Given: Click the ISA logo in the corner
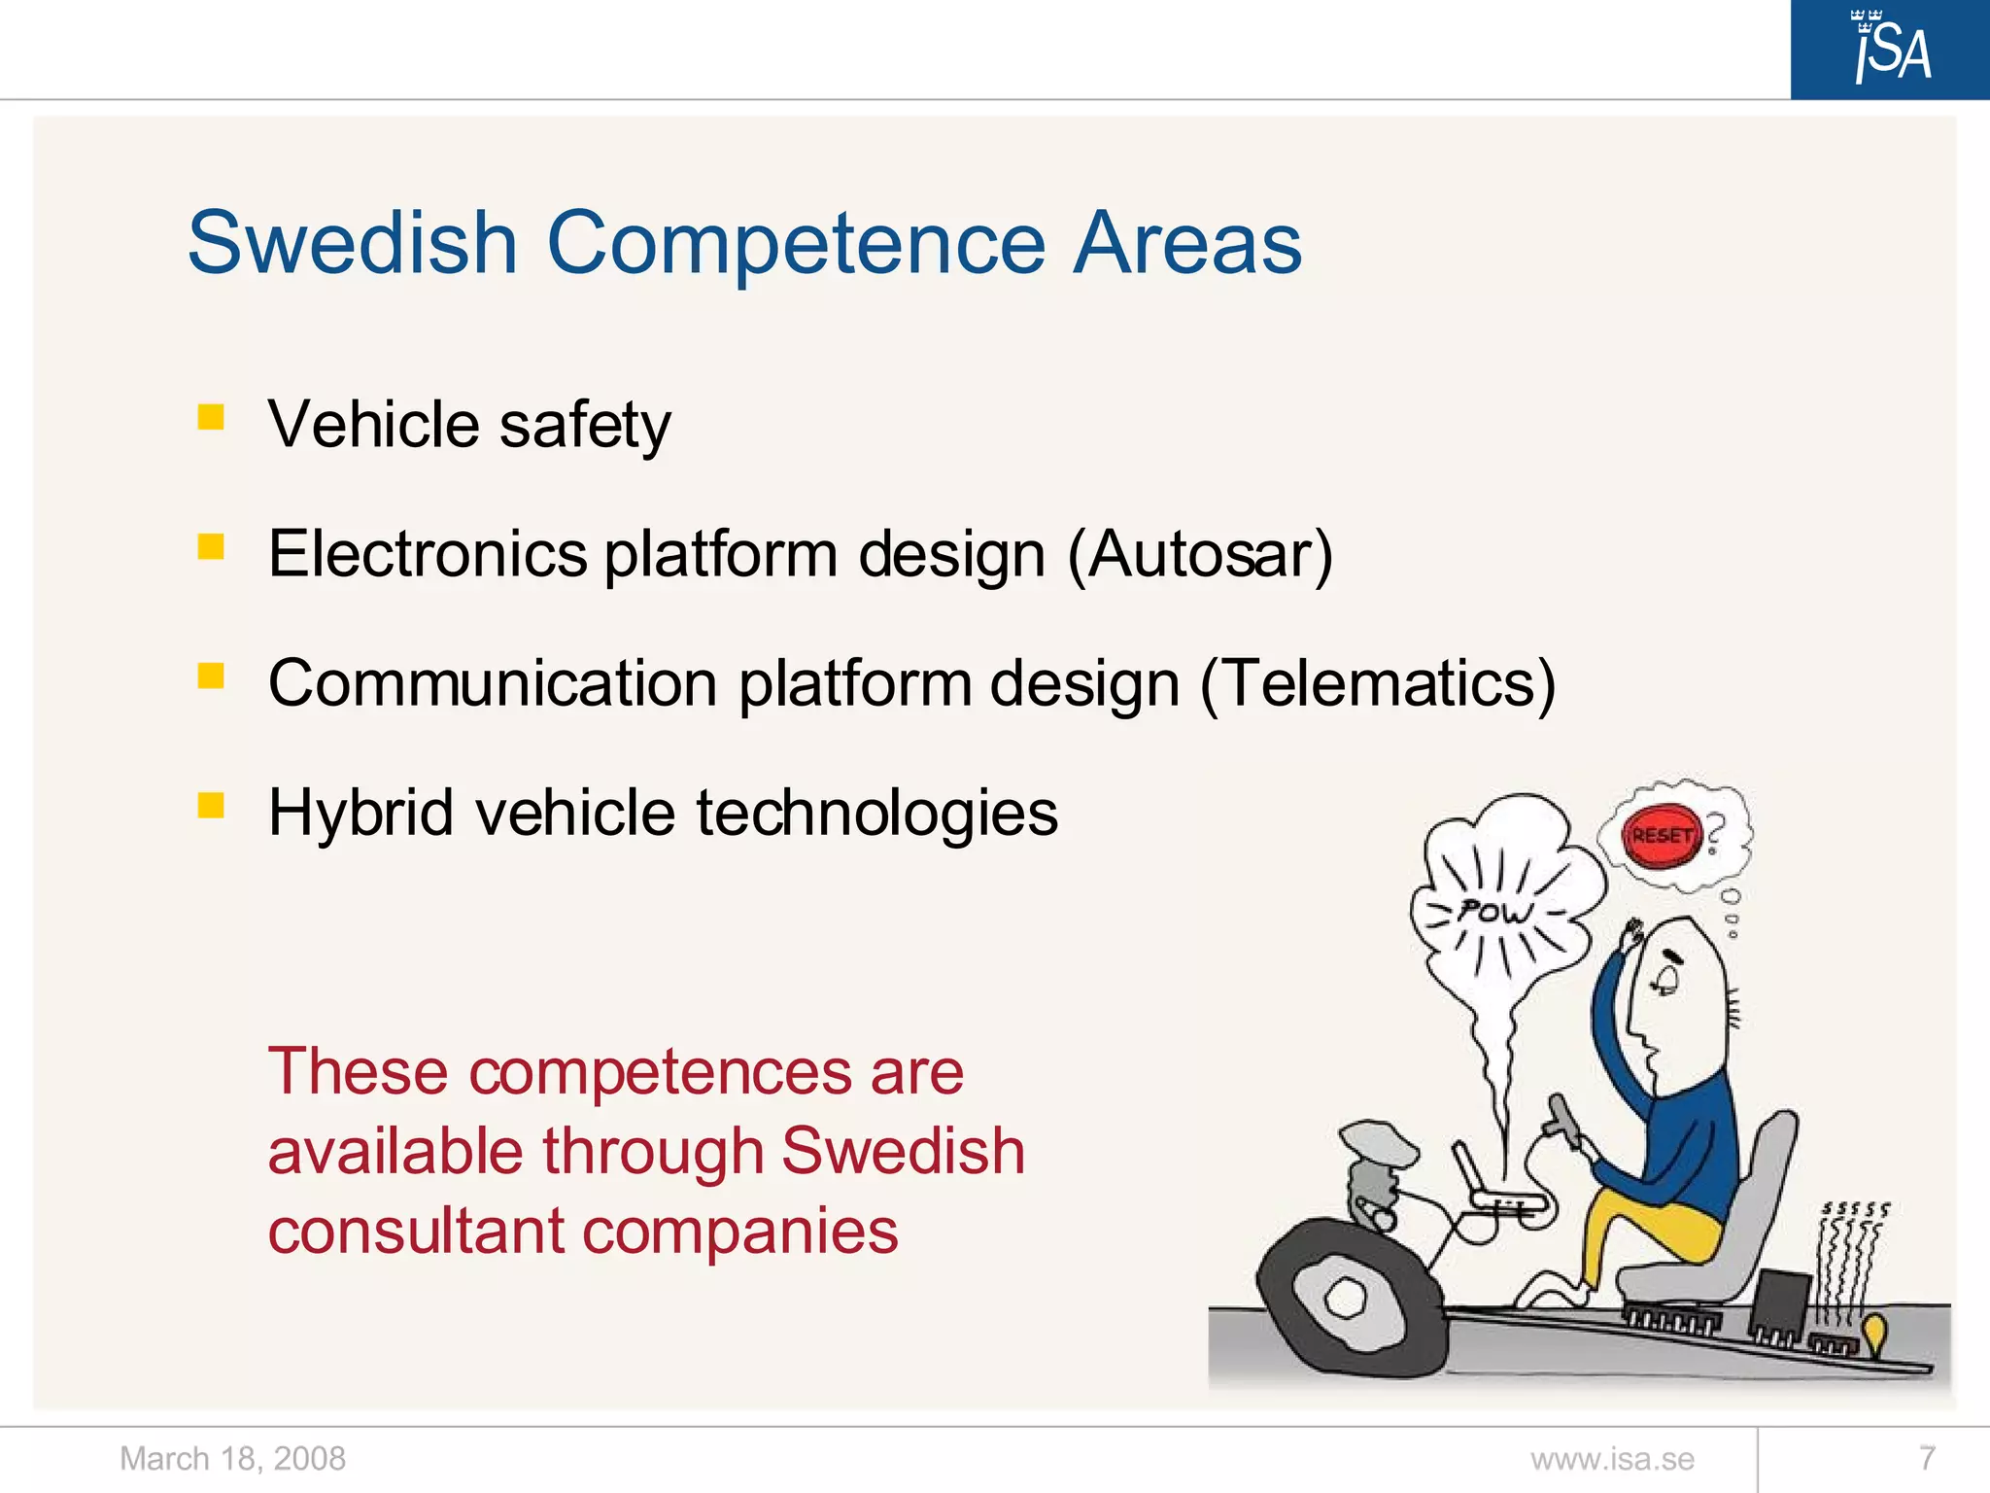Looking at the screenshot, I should pos(1890,49).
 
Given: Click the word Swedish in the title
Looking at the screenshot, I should pos(352,243).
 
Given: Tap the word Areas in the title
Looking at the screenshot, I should pos(1186,243).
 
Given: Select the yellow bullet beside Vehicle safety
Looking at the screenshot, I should pos(211,418).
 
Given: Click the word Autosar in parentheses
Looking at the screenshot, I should pos(1200,554).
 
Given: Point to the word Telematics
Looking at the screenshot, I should pos(1378,683).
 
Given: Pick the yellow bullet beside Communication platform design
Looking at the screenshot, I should pos(211,676).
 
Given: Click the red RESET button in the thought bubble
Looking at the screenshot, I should pos(1662,836).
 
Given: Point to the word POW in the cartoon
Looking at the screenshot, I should pos(1494,912).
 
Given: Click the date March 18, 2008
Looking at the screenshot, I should pos(232,1458).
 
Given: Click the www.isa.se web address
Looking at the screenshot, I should pos(1612,1459).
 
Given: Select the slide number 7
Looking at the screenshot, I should pos(1928,1458).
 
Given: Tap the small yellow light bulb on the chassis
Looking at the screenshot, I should pos(1874,1332).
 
